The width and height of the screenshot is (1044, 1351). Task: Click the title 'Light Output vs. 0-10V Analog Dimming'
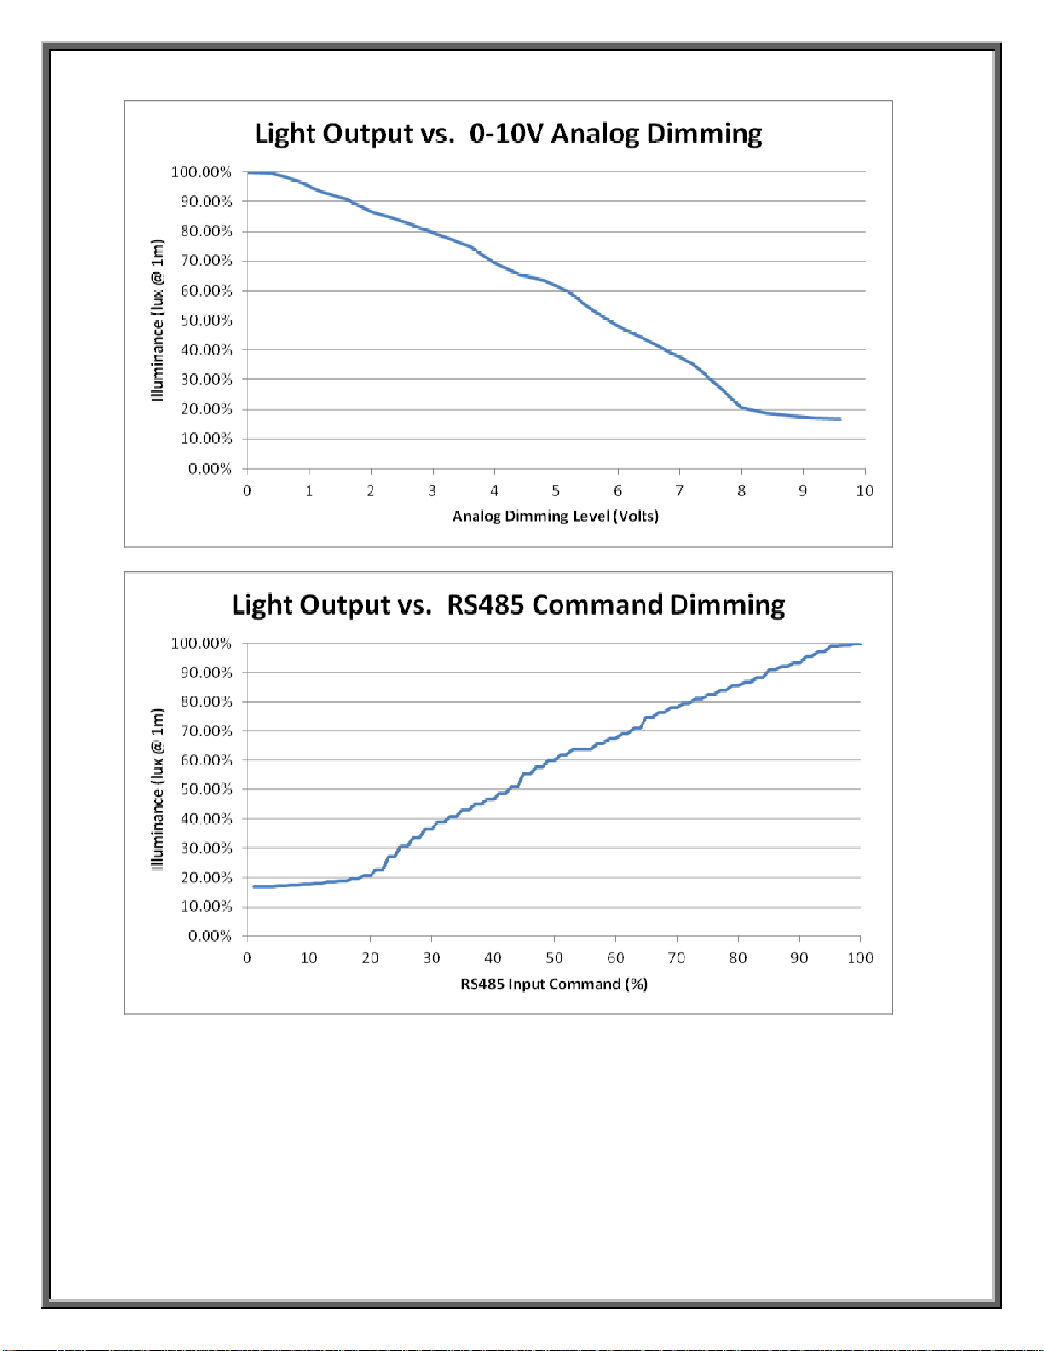tap(508, 135)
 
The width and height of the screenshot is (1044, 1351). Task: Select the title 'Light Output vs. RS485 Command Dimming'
tap(508, 605)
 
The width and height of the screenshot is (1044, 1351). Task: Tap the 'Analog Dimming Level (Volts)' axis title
tap(556, 516)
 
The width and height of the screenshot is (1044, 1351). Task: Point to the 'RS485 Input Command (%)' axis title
tap(554, 984)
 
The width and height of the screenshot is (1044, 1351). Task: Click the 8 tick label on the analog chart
tap(741, 491)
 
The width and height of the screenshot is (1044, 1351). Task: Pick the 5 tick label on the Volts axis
tap(557, 491)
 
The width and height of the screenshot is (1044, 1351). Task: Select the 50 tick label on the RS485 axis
tap(554, 958)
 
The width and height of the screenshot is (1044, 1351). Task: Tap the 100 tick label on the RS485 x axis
tap(861, 958)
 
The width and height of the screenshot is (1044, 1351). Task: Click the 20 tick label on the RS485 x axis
tap(371, 958)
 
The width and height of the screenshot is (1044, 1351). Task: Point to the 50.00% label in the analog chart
tap(206, 320)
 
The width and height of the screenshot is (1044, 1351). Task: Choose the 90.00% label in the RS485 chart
tap(206, 673)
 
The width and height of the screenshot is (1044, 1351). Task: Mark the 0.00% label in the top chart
tap(210, 469)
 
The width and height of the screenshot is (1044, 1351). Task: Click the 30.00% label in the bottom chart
tap(206, 849)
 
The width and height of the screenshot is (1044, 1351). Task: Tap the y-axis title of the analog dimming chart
tap(158, 320)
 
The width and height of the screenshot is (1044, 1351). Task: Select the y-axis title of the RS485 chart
tap(158, 789)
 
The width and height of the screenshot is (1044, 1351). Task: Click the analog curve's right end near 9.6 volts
tap(840, 419)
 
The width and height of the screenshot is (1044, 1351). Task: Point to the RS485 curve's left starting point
tap(254, 886)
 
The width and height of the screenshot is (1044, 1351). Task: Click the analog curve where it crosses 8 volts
tap(741, 407)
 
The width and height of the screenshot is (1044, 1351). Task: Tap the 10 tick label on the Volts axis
tap(865, 491)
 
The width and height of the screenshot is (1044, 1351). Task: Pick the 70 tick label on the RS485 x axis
tap(677, 958)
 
